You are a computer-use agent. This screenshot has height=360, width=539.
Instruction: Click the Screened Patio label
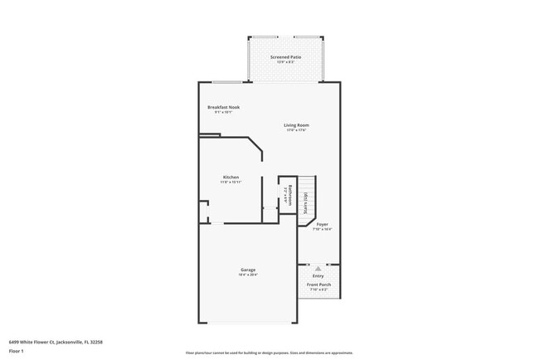coord(285,56)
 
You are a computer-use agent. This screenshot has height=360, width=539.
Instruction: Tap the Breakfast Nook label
coord(223,107)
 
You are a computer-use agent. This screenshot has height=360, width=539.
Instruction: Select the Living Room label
coord(296,125)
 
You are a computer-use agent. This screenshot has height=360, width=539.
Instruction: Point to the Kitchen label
coord(231,177)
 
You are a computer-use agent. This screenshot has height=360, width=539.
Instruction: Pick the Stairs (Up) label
coord(306,202)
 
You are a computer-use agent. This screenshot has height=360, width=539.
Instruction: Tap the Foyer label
coord(322,224)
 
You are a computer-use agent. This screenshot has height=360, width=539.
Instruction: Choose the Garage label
coord(247,270)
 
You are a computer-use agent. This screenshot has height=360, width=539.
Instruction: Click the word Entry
coord(318,275)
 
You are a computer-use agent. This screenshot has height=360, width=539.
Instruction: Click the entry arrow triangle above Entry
coord(318,269)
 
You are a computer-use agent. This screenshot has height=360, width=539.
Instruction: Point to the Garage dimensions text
coord(247,275)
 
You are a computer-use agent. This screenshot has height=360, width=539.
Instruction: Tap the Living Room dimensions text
coord(296,130)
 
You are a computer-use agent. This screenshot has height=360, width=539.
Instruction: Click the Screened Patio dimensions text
coord(285,61)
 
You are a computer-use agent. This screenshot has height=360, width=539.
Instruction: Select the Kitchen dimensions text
coord(231,182)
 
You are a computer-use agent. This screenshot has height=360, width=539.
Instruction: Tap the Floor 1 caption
coord(16,351)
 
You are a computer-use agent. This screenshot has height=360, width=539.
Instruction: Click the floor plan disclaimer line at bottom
coord(269,353)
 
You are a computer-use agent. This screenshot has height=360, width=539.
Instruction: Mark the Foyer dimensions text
coord(322,229)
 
